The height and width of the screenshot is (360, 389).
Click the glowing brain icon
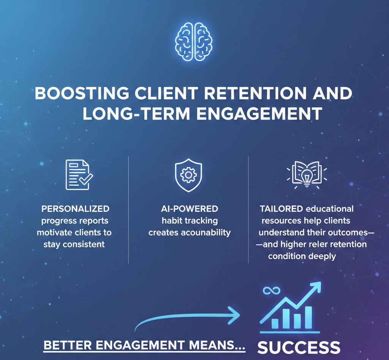tap(193, 42)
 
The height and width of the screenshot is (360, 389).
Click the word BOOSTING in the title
tap(82, 93)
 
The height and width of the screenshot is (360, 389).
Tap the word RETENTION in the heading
tap(256, 93)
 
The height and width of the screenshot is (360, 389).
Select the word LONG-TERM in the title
tap(136, 114)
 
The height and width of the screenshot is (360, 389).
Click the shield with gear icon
tap(188, 175)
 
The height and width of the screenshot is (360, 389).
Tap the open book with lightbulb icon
tap(307, 175)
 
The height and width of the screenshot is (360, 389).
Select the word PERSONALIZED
tap(76, 209)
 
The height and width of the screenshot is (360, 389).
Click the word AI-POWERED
tap(190, 209)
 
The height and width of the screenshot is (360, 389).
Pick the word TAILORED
tap(281, 209)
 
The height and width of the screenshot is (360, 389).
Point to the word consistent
tap(84, 245)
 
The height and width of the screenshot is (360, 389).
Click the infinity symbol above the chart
tap(271, 291)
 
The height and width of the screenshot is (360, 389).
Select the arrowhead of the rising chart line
tap(315, 287)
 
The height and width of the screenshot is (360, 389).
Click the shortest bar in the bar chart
tap(275, 323)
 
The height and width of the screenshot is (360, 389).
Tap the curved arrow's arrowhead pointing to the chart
tap(234, 315)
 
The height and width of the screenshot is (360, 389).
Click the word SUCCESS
tap(299, 347)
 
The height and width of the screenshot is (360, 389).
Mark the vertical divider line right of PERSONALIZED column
tap(128, 210)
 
